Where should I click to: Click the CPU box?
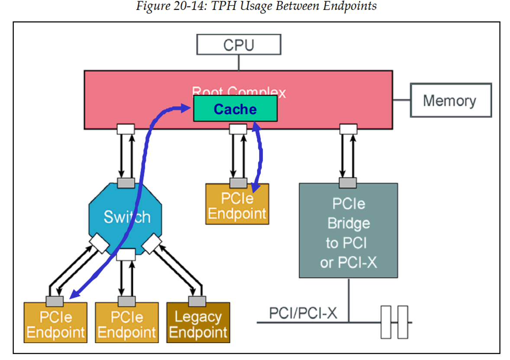[239, 45]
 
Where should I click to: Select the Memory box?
[450, 101]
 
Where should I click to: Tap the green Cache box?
[235, 109]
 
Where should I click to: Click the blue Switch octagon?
[126, 217]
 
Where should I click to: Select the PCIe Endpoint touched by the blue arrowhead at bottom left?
[55, 325]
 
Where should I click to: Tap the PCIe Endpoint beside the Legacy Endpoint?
[126, 325]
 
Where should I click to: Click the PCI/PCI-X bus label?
[303, 313]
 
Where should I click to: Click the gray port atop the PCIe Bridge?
[348, 183]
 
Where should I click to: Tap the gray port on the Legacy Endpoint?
[197, 301]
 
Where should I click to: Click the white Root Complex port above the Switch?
[126, 129]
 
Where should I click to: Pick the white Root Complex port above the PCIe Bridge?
[348, 129]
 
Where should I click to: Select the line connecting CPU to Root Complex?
[239, 63]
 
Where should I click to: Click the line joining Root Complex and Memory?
[401, 101]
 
